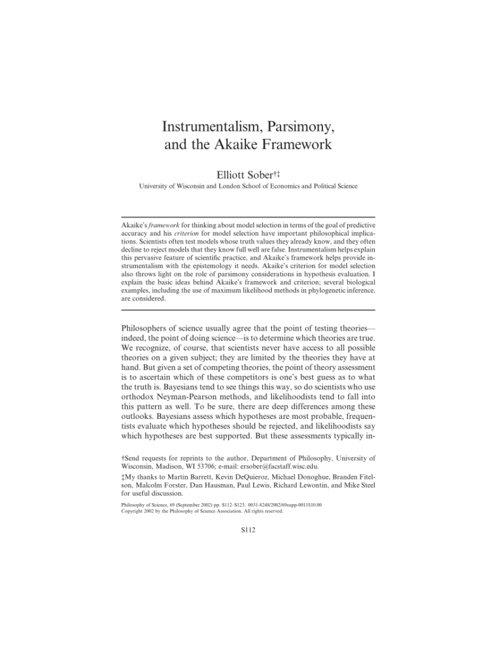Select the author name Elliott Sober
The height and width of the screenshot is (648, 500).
(x=241, y=173)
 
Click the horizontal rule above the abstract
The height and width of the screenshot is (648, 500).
(x=248, y=216)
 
